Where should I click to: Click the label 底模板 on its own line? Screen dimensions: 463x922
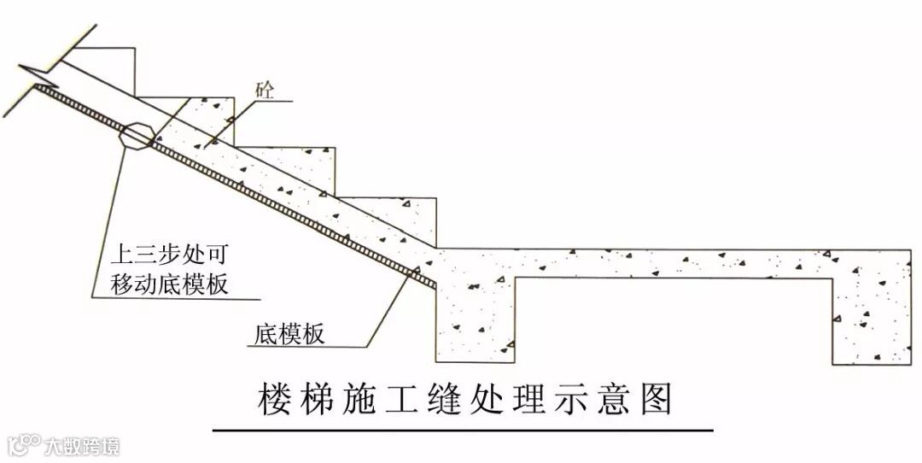click(x=289, y=334)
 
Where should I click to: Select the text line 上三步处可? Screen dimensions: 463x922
click(x=171, y=254)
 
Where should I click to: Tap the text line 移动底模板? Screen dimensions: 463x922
click(x=171, y=284)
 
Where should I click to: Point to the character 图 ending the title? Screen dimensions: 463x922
click(x=656, y=399)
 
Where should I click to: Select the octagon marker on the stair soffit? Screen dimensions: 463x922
click(x=137, y=136)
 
